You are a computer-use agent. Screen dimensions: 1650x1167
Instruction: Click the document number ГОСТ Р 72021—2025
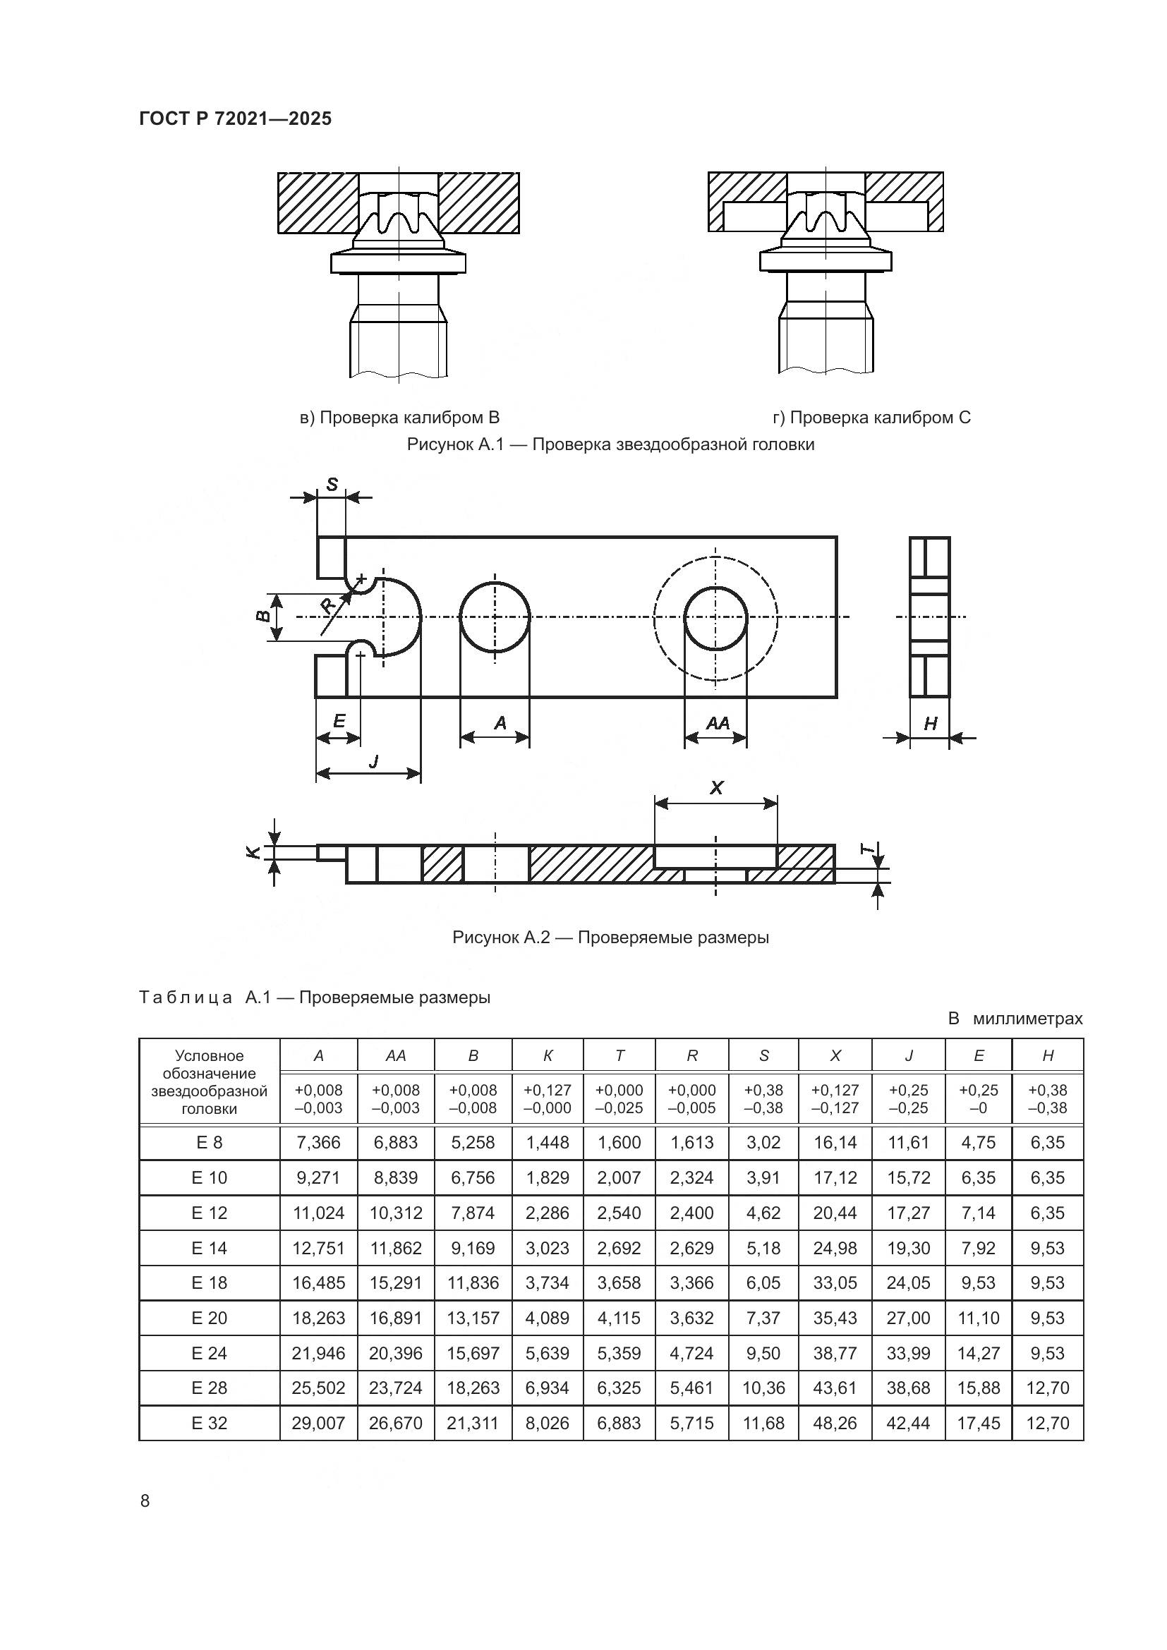235,119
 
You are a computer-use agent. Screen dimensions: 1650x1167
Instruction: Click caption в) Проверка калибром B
399,418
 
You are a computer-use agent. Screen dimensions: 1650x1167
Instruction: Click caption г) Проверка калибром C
871,418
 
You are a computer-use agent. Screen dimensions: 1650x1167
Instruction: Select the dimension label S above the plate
332,485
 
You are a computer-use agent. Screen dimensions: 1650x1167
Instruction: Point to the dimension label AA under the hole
717,723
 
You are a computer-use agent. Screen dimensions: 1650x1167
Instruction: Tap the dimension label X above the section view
715,789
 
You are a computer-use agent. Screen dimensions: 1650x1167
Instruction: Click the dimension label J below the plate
373,760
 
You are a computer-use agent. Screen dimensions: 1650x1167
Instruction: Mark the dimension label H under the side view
930,724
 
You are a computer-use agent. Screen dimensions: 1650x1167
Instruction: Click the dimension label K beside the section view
252,852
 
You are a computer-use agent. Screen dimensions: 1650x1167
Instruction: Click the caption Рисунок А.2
610,937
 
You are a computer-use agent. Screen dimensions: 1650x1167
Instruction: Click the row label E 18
209,1282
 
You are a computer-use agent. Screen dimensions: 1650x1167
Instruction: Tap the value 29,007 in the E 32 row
318,1423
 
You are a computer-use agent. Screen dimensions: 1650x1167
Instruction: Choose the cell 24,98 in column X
835,1249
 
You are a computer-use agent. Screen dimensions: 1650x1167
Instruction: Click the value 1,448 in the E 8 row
548,1143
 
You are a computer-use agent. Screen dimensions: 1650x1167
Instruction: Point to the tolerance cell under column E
978,1099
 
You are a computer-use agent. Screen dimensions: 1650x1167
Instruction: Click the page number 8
145,1500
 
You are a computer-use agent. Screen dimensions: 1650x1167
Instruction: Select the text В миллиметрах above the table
1015,1019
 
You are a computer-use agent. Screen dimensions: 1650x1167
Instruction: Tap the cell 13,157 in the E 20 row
473,1318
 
